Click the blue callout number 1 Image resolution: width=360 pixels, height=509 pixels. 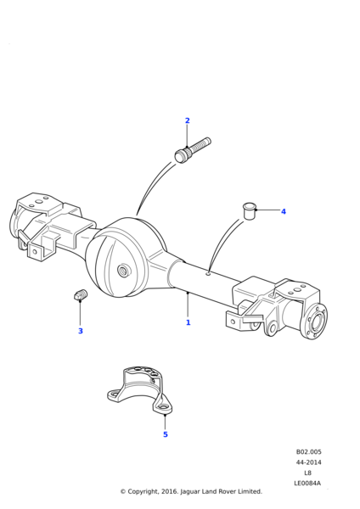click(188, 322)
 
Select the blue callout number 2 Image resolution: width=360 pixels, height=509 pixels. click(187, 120)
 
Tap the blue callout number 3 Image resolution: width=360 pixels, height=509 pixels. click(81, 331)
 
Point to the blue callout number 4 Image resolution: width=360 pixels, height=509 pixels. click(284, 211)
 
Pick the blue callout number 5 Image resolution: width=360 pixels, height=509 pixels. click(166, 434)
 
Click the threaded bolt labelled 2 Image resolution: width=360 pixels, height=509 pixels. click(193, 150)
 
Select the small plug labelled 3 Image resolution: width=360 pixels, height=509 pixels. click(80, 294)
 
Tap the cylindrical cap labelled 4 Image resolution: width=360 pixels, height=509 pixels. click(250, 211)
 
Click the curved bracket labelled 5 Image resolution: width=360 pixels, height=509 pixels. click(140, 389)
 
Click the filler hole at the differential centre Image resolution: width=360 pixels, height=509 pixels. click(123, 271)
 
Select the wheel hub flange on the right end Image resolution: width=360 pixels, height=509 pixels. click(314, 322)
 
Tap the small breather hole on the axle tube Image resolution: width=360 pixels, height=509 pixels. click(208, 275)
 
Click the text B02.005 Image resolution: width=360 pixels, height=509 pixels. click(308, 452)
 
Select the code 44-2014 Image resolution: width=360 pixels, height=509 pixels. click(308, 462)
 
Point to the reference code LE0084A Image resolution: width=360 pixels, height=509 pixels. click(307, 483)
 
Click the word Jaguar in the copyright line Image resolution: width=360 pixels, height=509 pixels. click(189, 492)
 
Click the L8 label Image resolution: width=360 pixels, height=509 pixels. click(307, 473)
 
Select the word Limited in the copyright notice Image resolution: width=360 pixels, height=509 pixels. click(250, 491)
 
